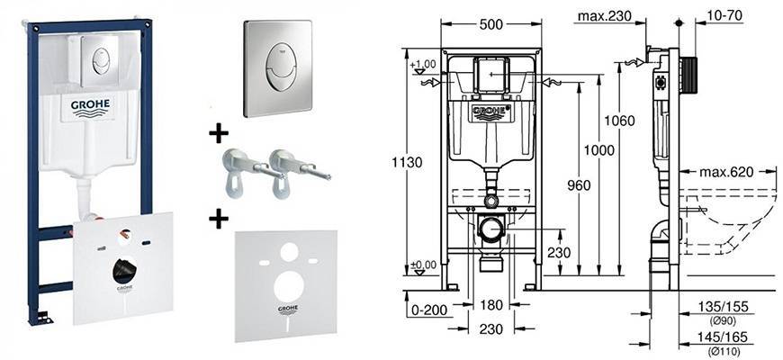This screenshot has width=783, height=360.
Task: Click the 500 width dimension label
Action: pos(491,24)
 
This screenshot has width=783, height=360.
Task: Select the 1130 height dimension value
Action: pos(409,162)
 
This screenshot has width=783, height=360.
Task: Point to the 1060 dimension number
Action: pos(619,121)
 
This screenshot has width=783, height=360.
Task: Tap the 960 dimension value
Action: pos(579,185)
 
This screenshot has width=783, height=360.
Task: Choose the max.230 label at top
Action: pos(605,16)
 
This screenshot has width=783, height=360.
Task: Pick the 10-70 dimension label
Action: pos(725,16)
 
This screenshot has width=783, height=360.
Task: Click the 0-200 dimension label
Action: pos(427,310)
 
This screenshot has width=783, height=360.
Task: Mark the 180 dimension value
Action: pos(491,304)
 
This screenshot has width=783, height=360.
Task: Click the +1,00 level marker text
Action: pos(422,65)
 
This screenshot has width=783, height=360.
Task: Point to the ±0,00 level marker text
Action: pos(422,264)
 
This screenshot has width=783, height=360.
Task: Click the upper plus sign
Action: pos(218,133)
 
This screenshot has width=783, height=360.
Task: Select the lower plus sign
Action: pos(218,220)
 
